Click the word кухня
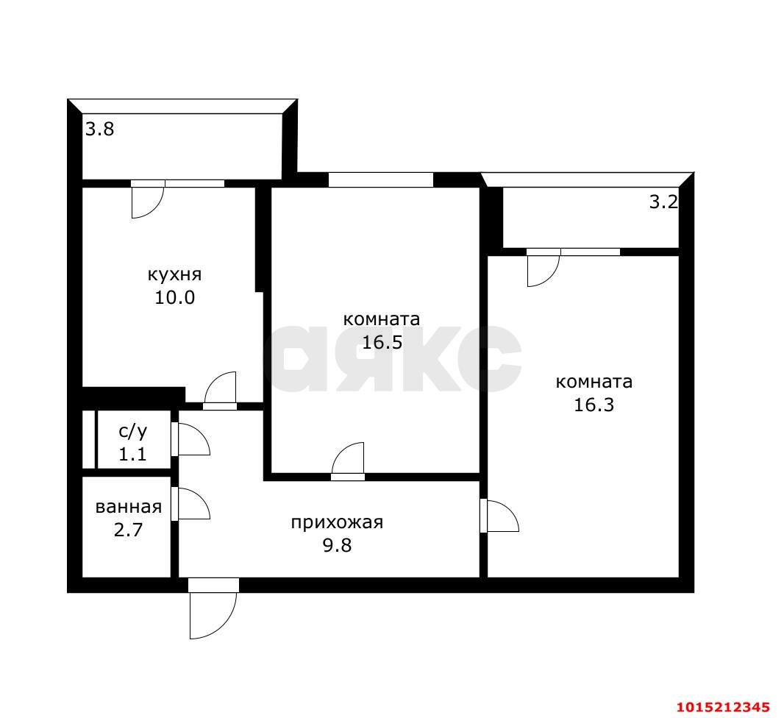point(174,275)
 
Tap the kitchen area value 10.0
point(174,298)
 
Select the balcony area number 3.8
point(99,129)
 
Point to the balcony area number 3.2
point(663,202)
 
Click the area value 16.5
point(382,343)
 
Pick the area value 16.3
point(594,405)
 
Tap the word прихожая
point(337,523)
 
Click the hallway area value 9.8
point(337,545)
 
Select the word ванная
point(129,507)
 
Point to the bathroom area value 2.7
point(129,530)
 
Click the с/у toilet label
point(132,430)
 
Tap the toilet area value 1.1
point(132,455)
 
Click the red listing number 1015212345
point(723,707)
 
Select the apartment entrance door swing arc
point(224,626)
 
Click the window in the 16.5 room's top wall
point(380,179)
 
